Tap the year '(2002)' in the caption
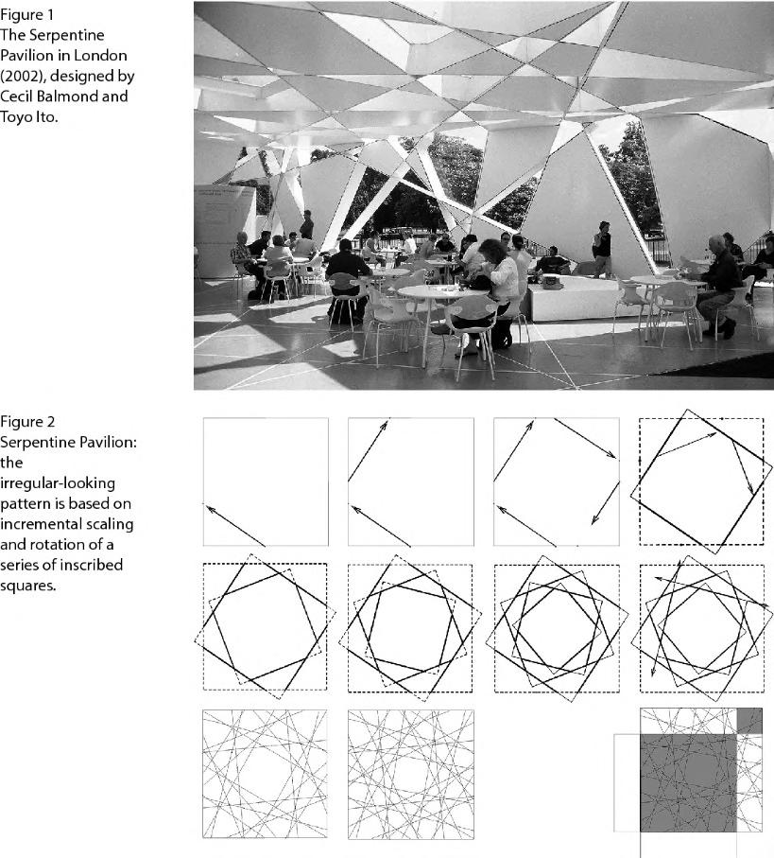coord(22,77)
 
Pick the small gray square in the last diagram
coord(748,720)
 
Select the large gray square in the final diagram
coord(688,781)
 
